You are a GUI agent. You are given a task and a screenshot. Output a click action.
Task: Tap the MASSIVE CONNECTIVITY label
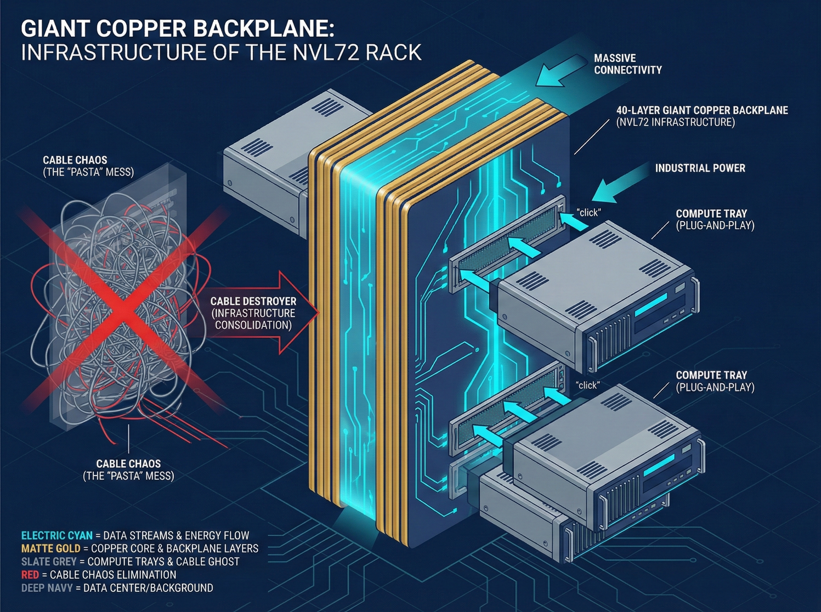point(627,64)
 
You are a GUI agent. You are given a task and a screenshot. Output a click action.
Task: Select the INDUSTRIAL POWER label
point(700,168)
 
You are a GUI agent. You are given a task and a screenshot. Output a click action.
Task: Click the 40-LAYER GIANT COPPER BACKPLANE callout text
point(702,111)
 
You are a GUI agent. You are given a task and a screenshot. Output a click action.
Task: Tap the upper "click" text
point(588,213)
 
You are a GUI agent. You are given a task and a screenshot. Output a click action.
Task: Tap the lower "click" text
point(587,386)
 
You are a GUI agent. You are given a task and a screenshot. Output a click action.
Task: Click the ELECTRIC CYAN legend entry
point(56,536)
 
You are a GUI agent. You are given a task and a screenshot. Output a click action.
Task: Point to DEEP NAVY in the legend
point(47,588)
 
